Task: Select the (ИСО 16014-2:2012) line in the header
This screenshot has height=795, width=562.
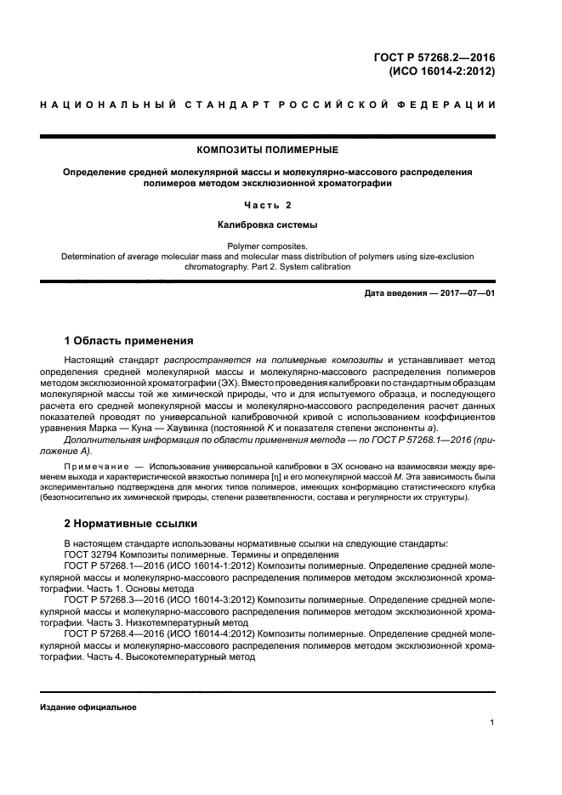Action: click(x=442, y=71)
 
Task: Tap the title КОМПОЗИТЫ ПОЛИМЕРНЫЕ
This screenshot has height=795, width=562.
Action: click(x=268, y=150)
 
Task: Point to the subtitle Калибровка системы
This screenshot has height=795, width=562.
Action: click(x=268, y=225)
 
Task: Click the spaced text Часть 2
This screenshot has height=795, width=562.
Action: click(x=268, y=205)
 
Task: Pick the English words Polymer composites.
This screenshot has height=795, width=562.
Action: click(x=268, y=244)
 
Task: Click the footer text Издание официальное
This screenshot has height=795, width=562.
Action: click(x=88, y=707)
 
